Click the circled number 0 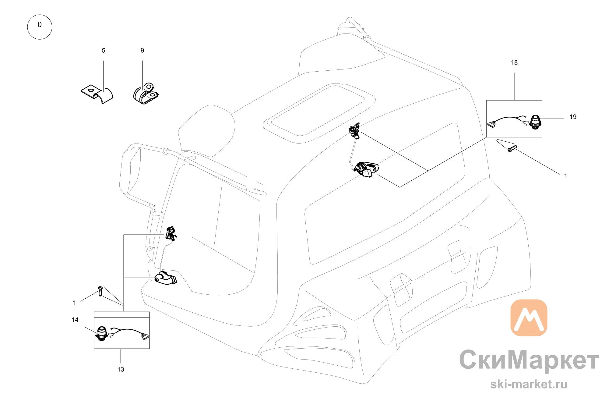coord(40,27)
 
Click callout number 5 coord(104,51)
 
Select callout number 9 coord(142,51)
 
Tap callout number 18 coord(514,62)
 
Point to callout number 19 coord(573,117)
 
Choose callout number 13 coord(121,370)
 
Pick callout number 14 coord(75,320)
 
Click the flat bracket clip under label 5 coord(97,94)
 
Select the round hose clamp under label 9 coord(146,94)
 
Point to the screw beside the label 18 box coord(512,149)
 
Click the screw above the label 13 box coord(100,291)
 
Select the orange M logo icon coord(529,318)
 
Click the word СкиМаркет coord(529,360)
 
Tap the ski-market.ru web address coord(529,384)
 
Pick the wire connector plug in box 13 coord(145,337)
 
